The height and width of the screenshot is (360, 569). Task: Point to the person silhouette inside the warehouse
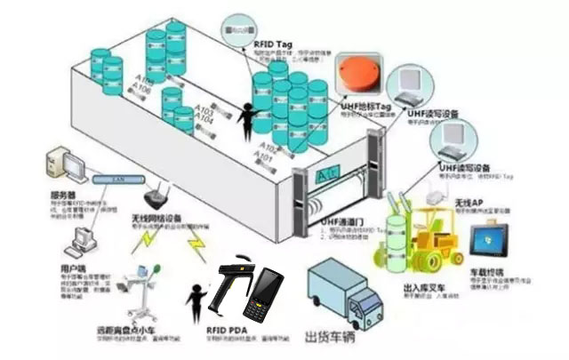pos(246,116)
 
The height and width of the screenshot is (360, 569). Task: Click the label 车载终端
pos(486,271)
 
